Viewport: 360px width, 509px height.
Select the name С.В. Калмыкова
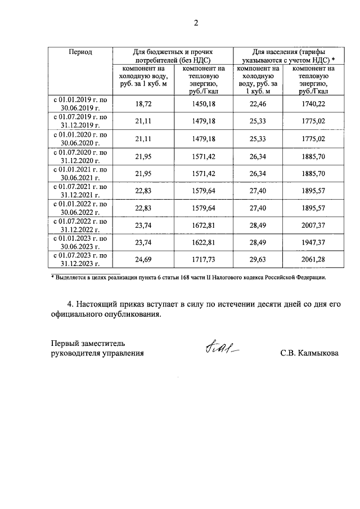pyautogui.click(x=309, y=354)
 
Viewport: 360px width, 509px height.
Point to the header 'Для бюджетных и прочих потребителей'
pyautogui.click(x=173, y=55)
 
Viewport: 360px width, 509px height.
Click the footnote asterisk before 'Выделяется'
pyautogui.click(x=52, y=277)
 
